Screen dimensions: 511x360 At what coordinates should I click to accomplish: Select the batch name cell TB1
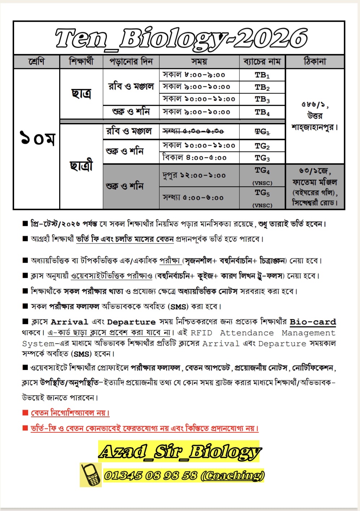point(262,75)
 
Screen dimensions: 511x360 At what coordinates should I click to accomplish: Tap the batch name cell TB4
point(262,112)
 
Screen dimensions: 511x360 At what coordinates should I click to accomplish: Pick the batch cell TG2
point(262,146)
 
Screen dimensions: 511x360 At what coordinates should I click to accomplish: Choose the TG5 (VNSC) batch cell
point(262,197)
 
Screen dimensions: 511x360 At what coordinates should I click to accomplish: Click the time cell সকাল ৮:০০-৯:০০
point(194,75)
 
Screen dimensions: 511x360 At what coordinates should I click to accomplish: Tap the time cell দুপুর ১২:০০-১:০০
point(194,176)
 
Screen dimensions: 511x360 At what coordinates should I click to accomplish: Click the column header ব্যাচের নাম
point(262,62)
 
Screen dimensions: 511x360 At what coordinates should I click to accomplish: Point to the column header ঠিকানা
point(315,62)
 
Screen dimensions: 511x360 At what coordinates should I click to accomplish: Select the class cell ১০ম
point(37,139)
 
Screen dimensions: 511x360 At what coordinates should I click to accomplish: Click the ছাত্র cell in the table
point(81,94)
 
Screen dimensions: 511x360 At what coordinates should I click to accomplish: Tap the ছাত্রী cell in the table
point(81,166)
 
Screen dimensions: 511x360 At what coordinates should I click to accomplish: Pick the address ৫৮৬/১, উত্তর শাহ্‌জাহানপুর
point(315,116)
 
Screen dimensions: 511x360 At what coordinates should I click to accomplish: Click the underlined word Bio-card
point(313,322)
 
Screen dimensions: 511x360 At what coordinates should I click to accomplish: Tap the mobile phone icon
point(91,475)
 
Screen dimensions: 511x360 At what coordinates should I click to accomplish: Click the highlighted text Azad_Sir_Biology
point(179,451)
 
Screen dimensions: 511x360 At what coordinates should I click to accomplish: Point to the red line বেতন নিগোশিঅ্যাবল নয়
point(70,413)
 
